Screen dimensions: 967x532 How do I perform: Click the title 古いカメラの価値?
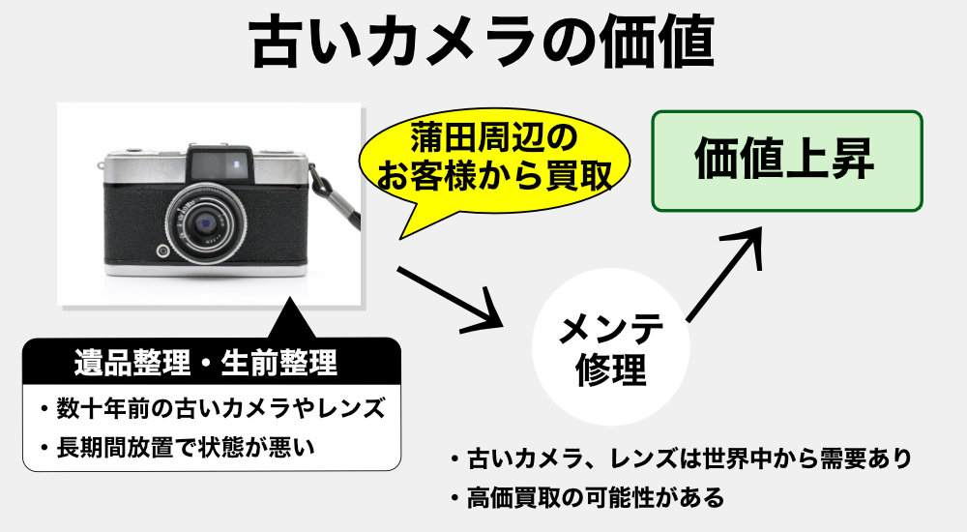pyautogui.click(x=483, y=42)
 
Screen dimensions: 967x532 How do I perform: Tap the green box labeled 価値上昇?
pyautogui.click(x=787, y=162)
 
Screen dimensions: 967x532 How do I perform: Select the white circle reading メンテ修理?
pyautogui.click(x=610, y=347)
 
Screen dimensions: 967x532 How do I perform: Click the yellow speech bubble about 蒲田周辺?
pyautogui.click(x=493, y=162)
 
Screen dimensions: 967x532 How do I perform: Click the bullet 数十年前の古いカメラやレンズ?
pyautogui.click(x=213, y=408)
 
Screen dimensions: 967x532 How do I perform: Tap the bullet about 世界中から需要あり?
pyautogui.click(x=681, y=458)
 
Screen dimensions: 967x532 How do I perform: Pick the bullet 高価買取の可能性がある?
pyautogui.click(x=587, y=497)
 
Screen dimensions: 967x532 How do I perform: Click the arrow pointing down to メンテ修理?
pyautogui.click(x=449, y=298)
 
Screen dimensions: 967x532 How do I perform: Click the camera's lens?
pyautogui.click(x=206, y=222)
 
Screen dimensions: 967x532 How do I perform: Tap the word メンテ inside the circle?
pyautogui.click(x=610, y=328)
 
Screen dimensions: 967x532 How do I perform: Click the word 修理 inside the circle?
pyautogui.click(x=610, y=369)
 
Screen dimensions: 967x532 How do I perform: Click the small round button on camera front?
pyautogui.click(x=162, y=250)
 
